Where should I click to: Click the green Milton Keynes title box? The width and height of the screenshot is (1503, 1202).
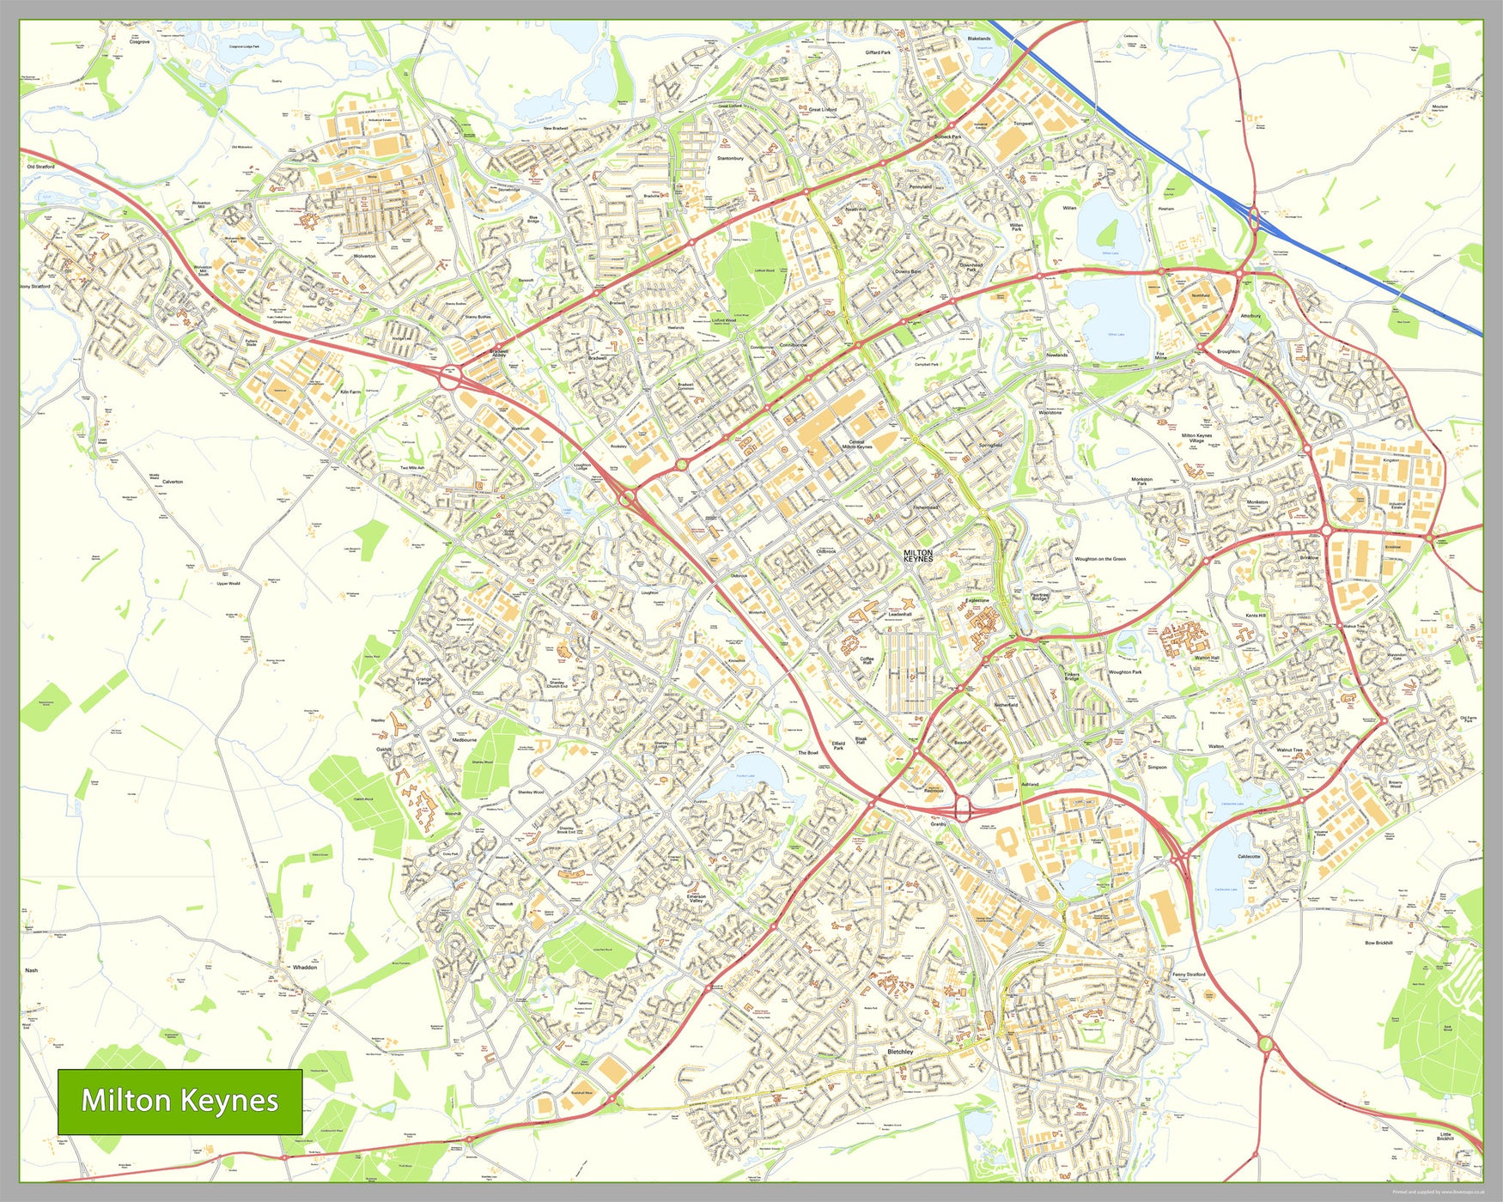coord(180,1102)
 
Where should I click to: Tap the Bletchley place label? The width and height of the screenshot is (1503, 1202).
coord(900,1051)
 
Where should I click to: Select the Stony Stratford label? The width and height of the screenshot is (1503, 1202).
coord(34,286)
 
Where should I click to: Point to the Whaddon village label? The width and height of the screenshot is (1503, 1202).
coord(305,967)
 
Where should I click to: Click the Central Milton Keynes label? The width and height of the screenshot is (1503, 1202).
coord(856,444)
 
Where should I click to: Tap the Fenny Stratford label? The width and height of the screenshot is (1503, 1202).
coord(1189,974)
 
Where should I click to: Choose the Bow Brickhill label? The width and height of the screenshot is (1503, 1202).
coord(1378,943)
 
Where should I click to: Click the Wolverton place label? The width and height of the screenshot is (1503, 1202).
coord(364,256)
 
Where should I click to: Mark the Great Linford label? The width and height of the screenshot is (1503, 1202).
coord(823,110)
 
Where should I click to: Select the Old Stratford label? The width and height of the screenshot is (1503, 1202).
coord(40,167)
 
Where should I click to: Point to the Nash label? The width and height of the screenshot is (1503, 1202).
coord(31,970)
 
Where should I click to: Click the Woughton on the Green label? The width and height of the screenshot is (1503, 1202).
coord(1099,559)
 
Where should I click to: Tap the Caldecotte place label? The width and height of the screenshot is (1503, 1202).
coord(1249,857)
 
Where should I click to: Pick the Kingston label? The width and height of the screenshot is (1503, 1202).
coord(1390,460)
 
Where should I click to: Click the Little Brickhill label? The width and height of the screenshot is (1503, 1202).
coord(1445,1136)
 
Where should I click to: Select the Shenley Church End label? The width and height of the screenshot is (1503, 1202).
coord(556,684)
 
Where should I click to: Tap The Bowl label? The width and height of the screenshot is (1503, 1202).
coord(807,752)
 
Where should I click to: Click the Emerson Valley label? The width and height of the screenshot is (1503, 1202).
coord(696,898)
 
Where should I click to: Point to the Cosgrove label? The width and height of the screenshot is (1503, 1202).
coord(140,40)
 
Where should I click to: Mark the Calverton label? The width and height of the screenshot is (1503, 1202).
coord(173,482)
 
